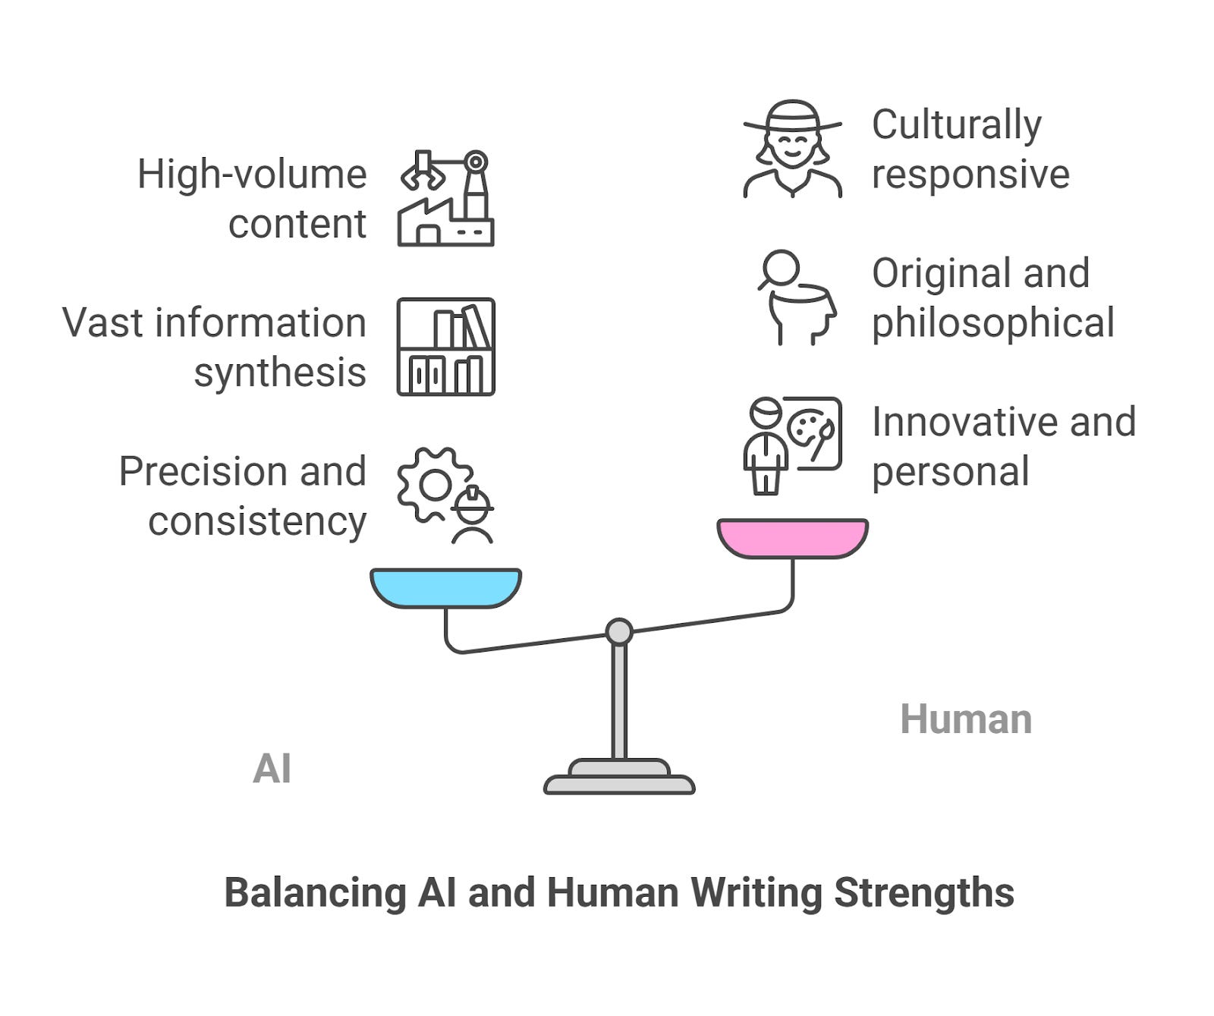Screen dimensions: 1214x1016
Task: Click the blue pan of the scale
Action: click(445, 587)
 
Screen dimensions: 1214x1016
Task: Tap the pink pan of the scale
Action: click(792, 537)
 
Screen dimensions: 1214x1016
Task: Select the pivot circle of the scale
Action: click(619, 631)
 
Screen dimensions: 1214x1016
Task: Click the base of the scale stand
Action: click(619, 783)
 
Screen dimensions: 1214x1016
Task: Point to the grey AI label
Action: click(272, 769)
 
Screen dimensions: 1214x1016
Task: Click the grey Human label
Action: click(965, 719)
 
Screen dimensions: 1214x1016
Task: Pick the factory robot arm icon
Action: click(446, 198)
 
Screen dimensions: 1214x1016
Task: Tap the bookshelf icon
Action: click(446, 347)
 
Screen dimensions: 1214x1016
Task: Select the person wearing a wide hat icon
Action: click(792, 149)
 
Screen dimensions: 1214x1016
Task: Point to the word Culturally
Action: click(956, 125)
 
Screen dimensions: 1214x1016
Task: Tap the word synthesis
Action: click(280, 373)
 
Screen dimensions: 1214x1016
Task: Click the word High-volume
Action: click(252, 175)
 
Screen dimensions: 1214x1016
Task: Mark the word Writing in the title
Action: click(756, 892)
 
